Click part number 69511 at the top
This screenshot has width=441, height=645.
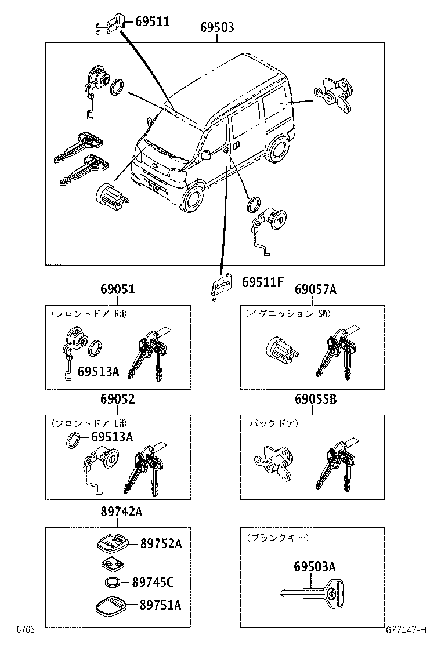pyautogui.click(x=152, y=22)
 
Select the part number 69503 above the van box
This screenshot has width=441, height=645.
pyautogui.click(x=217, y=27)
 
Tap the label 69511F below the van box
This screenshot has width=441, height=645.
pyautogui.click(x=262, y=282)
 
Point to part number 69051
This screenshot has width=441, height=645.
pyautogui.click(x=117, y=289)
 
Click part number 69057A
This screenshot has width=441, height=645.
pyautogui.click(x=315, y=289)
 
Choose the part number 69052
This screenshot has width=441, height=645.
pyautogui.click(x=117, y=399)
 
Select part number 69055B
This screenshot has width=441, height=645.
pyautogui.click(x=315, y=399)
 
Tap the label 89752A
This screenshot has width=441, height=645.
pyautogui.click(x=161, y=543)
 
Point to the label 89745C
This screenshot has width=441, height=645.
pyautogui.click(x=153, y=582)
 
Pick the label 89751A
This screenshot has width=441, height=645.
pyautogui.click(x=161, y=605)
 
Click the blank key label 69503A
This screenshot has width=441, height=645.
pyautogui.click(x=314, y=567)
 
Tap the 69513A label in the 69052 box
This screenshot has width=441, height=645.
pyautogui.click(x=113, y=437)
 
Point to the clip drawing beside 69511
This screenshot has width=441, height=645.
pyautogui.click(x=109, y=25)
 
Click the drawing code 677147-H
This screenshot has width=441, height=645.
pyautogui.click(x=406, y=629)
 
